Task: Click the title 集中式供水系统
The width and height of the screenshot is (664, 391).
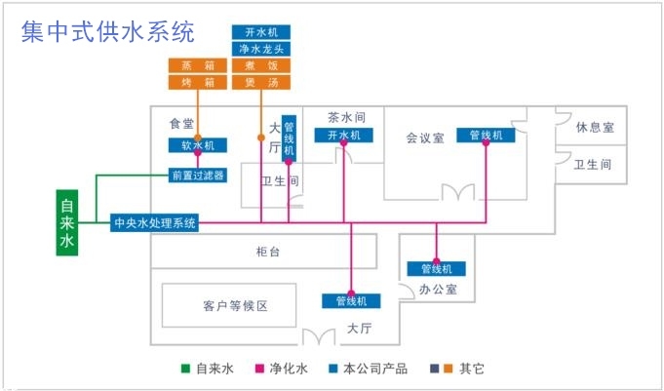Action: point(108,32)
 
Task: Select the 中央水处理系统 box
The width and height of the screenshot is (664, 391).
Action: point(155,222)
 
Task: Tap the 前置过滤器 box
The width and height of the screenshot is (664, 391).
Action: point(197,176)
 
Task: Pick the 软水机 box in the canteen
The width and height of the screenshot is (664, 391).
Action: point(198,145)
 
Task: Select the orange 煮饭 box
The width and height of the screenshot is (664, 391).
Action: point(261,66)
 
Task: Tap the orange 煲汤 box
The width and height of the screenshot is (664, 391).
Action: point(261,82)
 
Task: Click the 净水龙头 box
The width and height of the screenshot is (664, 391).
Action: point(261,49)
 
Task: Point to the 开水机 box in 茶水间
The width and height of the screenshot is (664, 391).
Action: point(344,135)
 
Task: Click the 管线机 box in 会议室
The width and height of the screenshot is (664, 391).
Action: point(486,135)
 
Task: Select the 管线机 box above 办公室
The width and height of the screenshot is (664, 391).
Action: point(437,268)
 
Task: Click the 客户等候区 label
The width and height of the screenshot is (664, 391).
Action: point(235,306)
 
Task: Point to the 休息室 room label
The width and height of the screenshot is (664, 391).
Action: point(594,128)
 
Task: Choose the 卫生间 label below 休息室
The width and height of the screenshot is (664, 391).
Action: point(593,164)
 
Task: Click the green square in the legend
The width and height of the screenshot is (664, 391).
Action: point(184,369)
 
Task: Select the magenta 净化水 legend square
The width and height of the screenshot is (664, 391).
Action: point(259,369)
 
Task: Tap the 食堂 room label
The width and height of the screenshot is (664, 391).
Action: point(181,124)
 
